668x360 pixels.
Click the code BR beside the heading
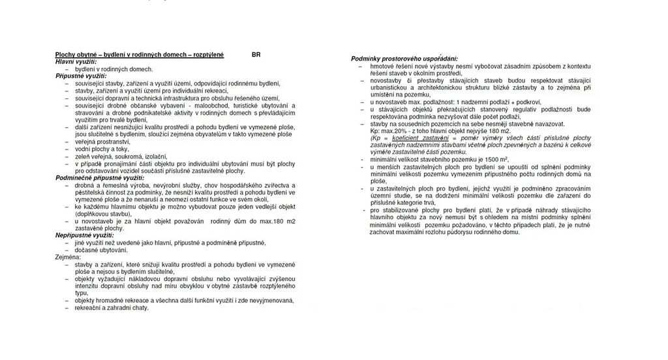click(x=256, y=55)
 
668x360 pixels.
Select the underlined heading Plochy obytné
click(x=139, y=55)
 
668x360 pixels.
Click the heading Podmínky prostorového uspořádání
click(x=404, y=59)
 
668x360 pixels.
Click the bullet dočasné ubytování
click(x=101, y=250)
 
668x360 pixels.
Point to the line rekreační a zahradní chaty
click(x=112, y=307)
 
